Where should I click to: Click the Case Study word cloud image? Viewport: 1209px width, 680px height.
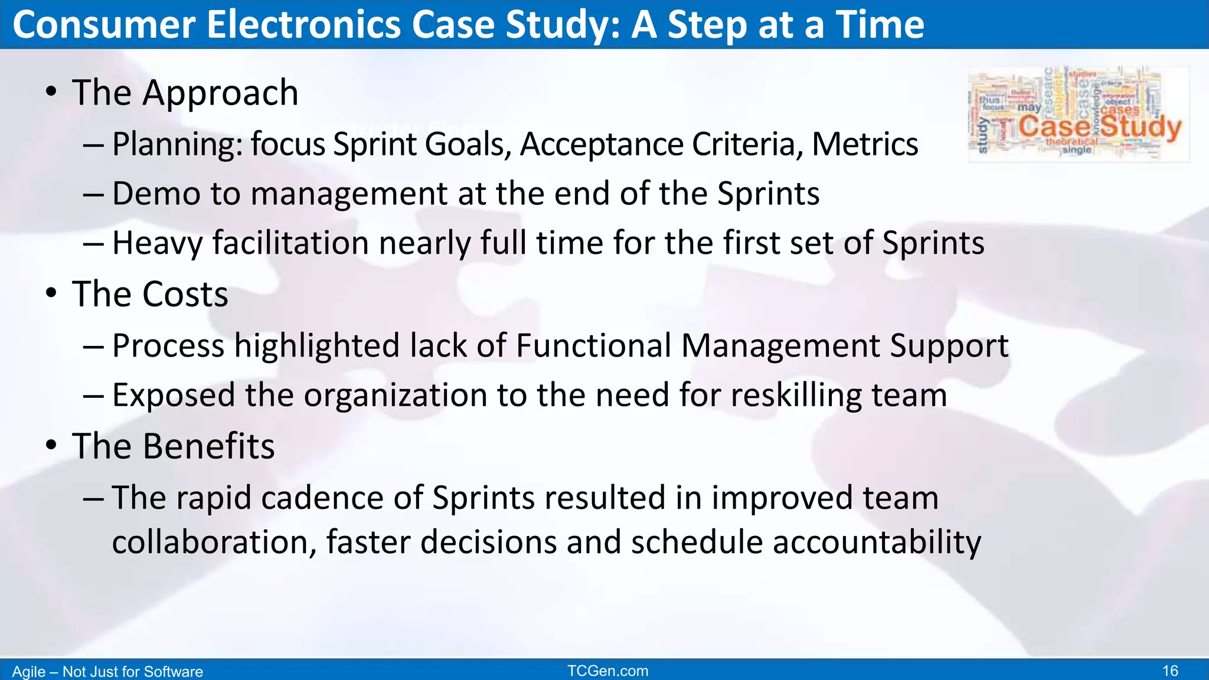1079,115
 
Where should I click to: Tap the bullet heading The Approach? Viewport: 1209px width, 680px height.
185,93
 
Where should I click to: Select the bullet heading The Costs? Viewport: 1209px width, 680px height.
150,294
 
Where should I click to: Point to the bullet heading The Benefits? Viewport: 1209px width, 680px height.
173,446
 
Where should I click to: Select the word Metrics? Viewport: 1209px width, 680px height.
865,144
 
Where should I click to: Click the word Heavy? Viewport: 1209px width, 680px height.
157,243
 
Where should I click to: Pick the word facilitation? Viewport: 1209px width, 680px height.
290,243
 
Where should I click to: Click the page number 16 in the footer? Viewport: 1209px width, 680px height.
1170,671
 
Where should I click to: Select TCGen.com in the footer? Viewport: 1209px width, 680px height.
607,671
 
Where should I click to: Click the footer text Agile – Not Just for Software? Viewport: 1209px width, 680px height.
107,672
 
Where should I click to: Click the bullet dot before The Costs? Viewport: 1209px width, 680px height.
51,293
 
